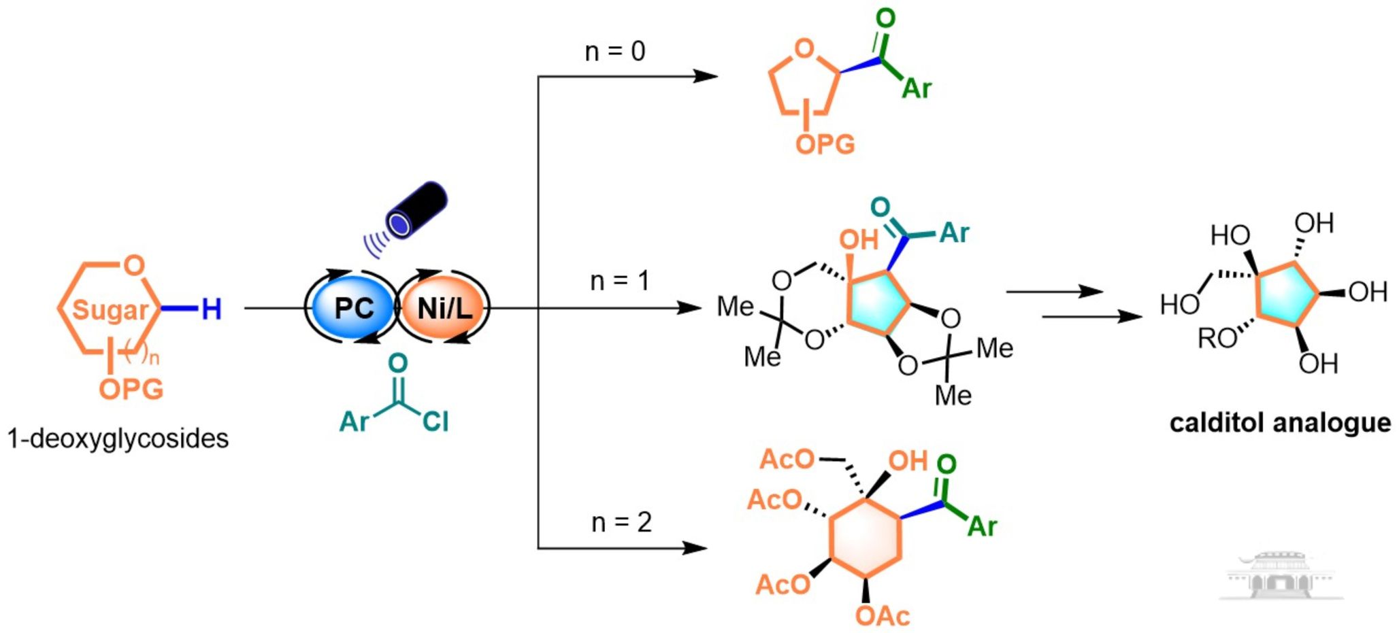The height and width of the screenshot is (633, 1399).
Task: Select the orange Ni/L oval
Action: tap(444, 308)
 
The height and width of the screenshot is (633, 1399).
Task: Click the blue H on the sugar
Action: tap(211, 309)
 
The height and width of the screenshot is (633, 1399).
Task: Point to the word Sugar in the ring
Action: tap(110, 310)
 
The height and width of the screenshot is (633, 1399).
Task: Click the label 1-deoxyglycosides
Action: tap(118, 439)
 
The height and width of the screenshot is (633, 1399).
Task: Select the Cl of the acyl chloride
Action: tap(435, 422)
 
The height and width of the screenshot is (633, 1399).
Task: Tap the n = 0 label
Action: tap(614, 51)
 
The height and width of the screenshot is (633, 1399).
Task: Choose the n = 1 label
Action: tap(619, 280)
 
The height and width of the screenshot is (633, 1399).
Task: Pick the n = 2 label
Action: tap(621, 522)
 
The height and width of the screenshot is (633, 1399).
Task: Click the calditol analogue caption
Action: tap(1280, 423)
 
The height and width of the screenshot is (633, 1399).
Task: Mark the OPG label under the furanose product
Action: tap(825, 144)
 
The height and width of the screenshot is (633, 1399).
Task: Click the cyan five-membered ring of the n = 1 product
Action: tap(878, 303)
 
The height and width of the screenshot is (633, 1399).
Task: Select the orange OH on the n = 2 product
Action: tap(907, 461)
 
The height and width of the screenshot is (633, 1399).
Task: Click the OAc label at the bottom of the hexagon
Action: tap(882, 616)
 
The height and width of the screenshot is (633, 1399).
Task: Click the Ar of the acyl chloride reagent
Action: tap(355, 422)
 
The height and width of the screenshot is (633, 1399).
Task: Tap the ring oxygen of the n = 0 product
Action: tap(804, 48)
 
